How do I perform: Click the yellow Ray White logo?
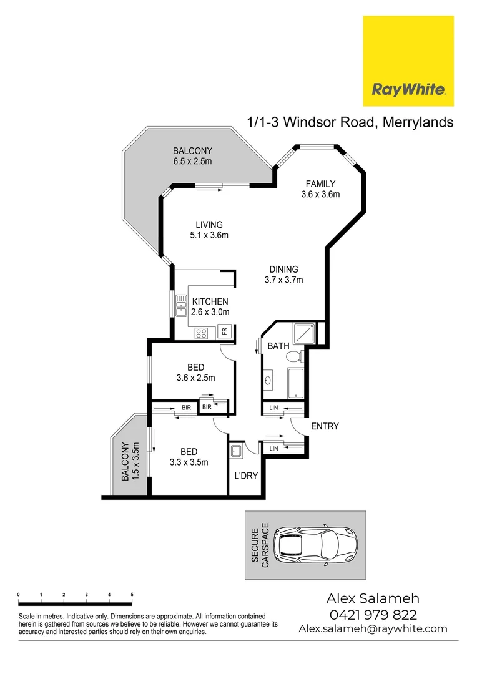408,61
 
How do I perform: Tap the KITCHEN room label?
210,301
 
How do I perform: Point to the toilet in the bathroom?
292,358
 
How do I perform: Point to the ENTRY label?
325,426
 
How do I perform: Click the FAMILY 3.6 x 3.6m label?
320,189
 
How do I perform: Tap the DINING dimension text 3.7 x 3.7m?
283,280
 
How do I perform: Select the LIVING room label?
209,225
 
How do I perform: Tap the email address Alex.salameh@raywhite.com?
373,628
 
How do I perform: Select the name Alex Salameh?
373,598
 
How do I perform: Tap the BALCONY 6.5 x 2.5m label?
193,156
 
